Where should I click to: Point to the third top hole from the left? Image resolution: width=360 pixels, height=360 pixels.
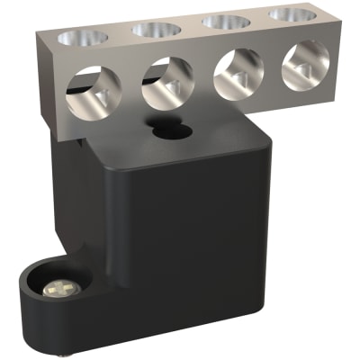pos(221,21)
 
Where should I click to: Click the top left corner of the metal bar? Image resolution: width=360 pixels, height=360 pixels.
pos(40,32)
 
